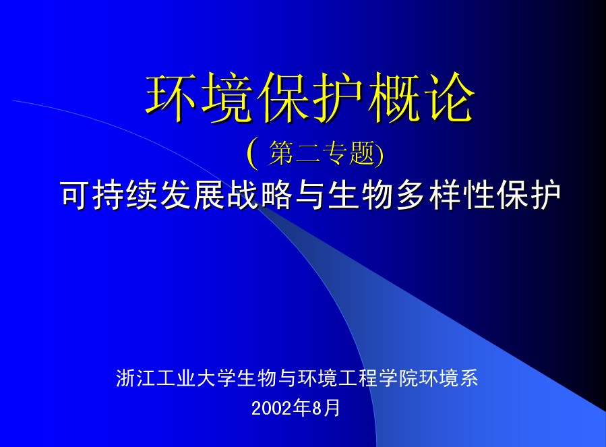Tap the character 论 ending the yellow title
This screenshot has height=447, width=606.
pyautogui.click(x=448, y=98)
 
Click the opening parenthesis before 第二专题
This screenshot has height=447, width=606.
pyautogui.click(x=252, y=154)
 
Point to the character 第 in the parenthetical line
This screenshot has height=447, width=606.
pyautogui.click(x=282, y=154)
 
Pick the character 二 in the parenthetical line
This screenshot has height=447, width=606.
pyautogui.click(x=308, y=154)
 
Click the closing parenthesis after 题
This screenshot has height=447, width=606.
pyautogui.click(x=379, y=154)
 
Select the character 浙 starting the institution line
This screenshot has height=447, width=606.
pyautogui.click(x=125, y=378)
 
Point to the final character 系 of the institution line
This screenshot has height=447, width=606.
pyautogui.click(x=468, y=378)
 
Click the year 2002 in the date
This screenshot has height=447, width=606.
pyautogui.click(x=271, y=409)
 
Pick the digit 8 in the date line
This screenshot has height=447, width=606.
pyautogui.click(x=317, y=409)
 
